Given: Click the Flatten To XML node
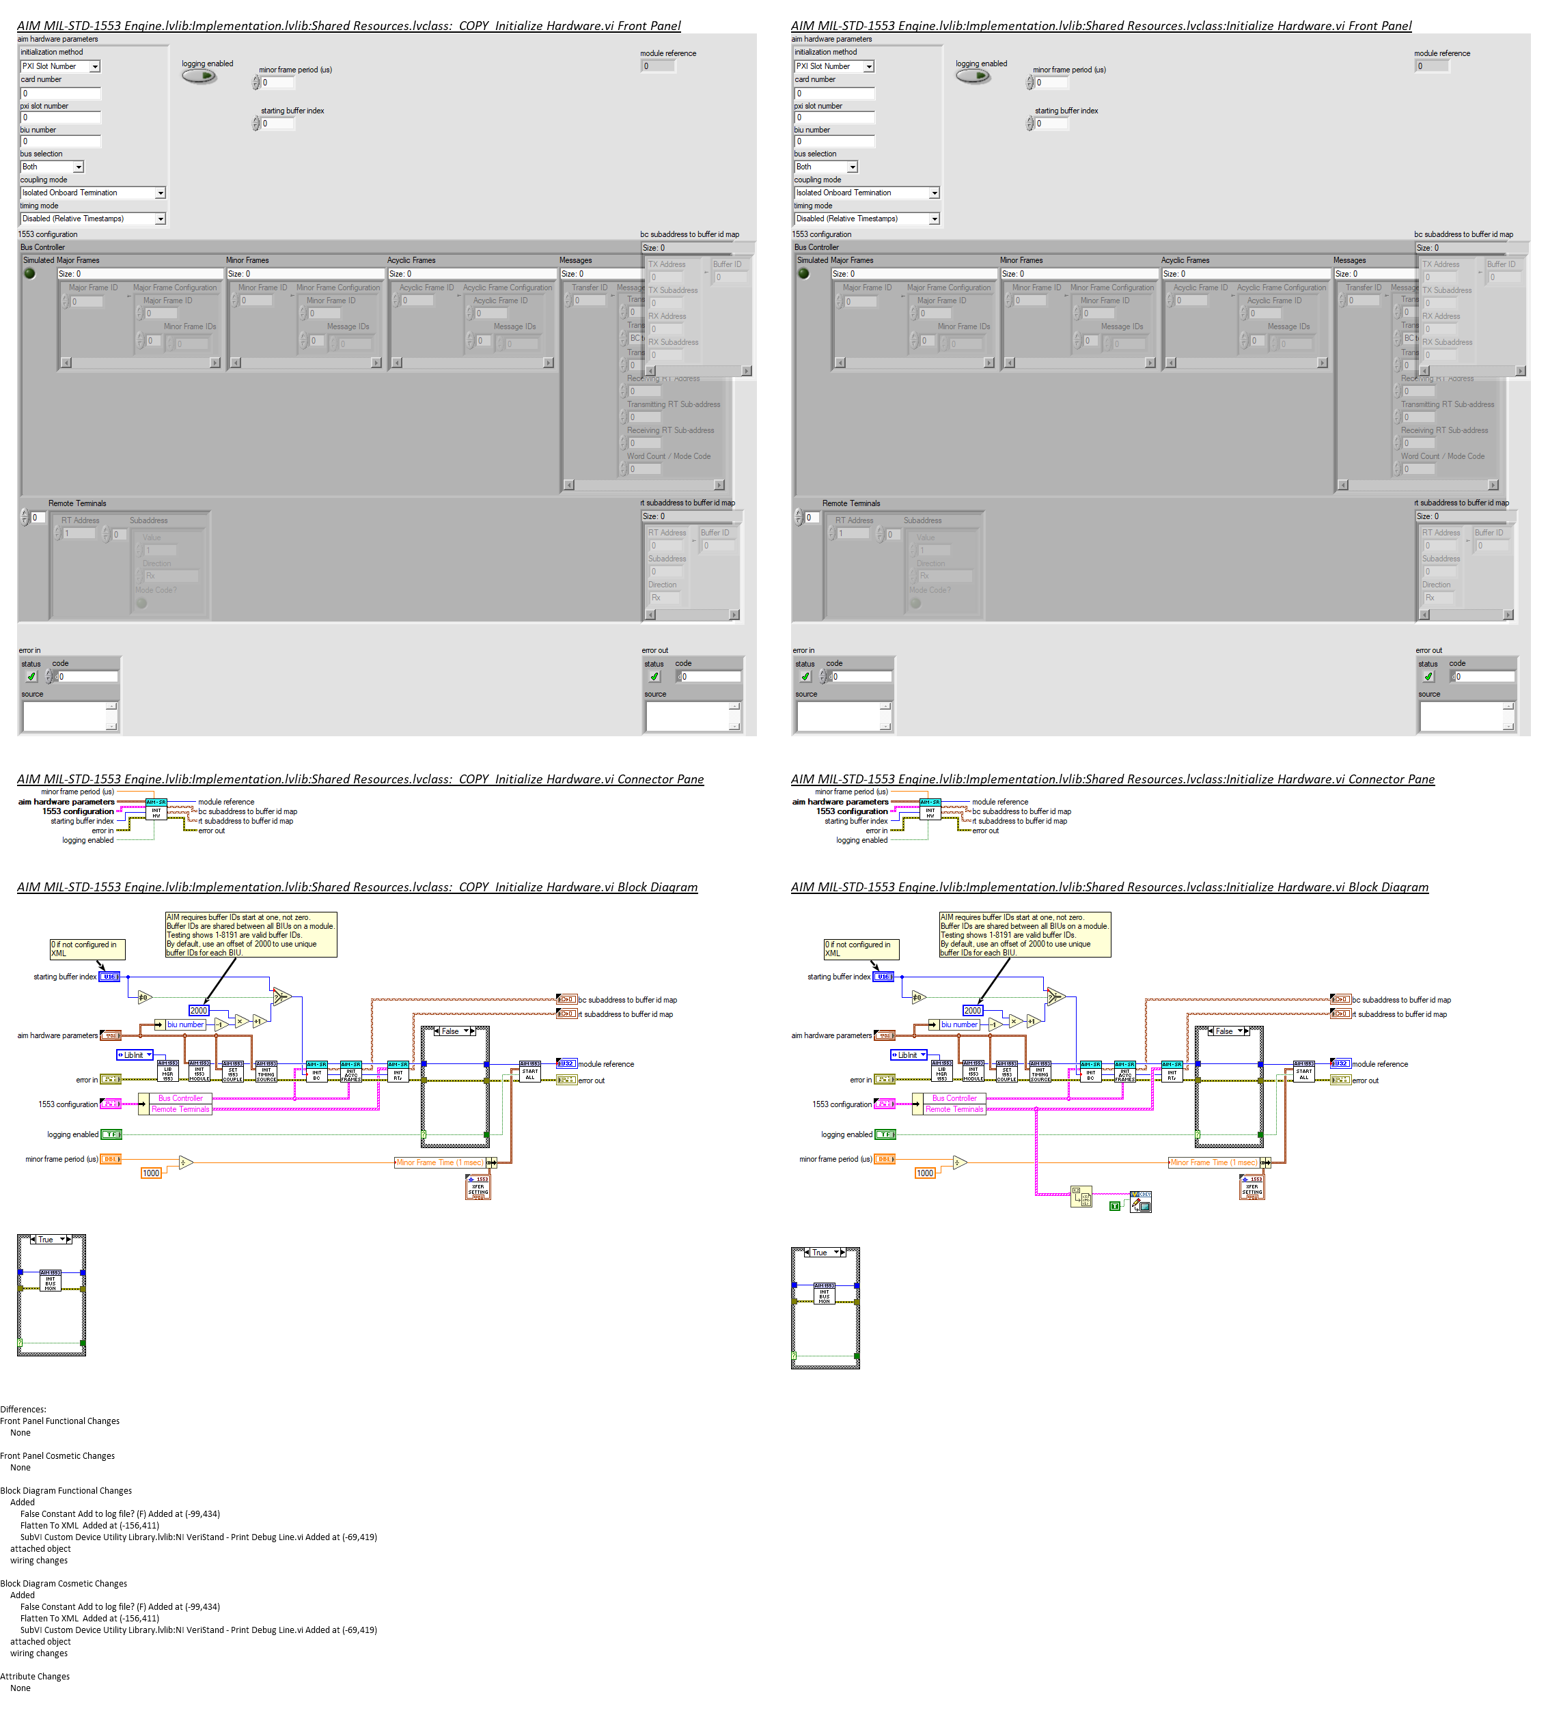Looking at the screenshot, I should [x=1081, y=1197].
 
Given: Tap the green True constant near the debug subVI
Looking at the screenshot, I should [x=1114, y=1206].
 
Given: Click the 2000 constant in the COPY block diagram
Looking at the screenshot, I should [x=198, y=1010].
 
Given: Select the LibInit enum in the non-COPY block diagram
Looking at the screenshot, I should [x=909, y=1055].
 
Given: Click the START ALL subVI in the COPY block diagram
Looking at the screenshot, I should [x=530, y=1071].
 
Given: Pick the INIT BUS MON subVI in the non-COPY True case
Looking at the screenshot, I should [x=824, y=1293].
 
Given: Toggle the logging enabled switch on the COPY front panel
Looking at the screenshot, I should [x=199, y=76].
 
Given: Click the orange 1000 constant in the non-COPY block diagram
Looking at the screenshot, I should [x=924, y=1173].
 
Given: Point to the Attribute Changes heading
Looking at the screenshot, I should [x=35, y=1676].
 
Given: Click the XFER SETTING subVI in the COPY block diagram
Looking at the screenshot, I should [x=479, y=1186].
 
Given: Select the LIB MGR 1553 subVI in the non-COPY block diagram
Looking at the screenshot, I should [x=941, y=1071].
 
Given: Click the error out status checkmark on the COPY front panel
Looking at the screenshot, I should [x=654, y=677].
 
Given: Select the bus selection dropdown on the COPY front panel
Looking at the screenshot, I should [x=52, y=167].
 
